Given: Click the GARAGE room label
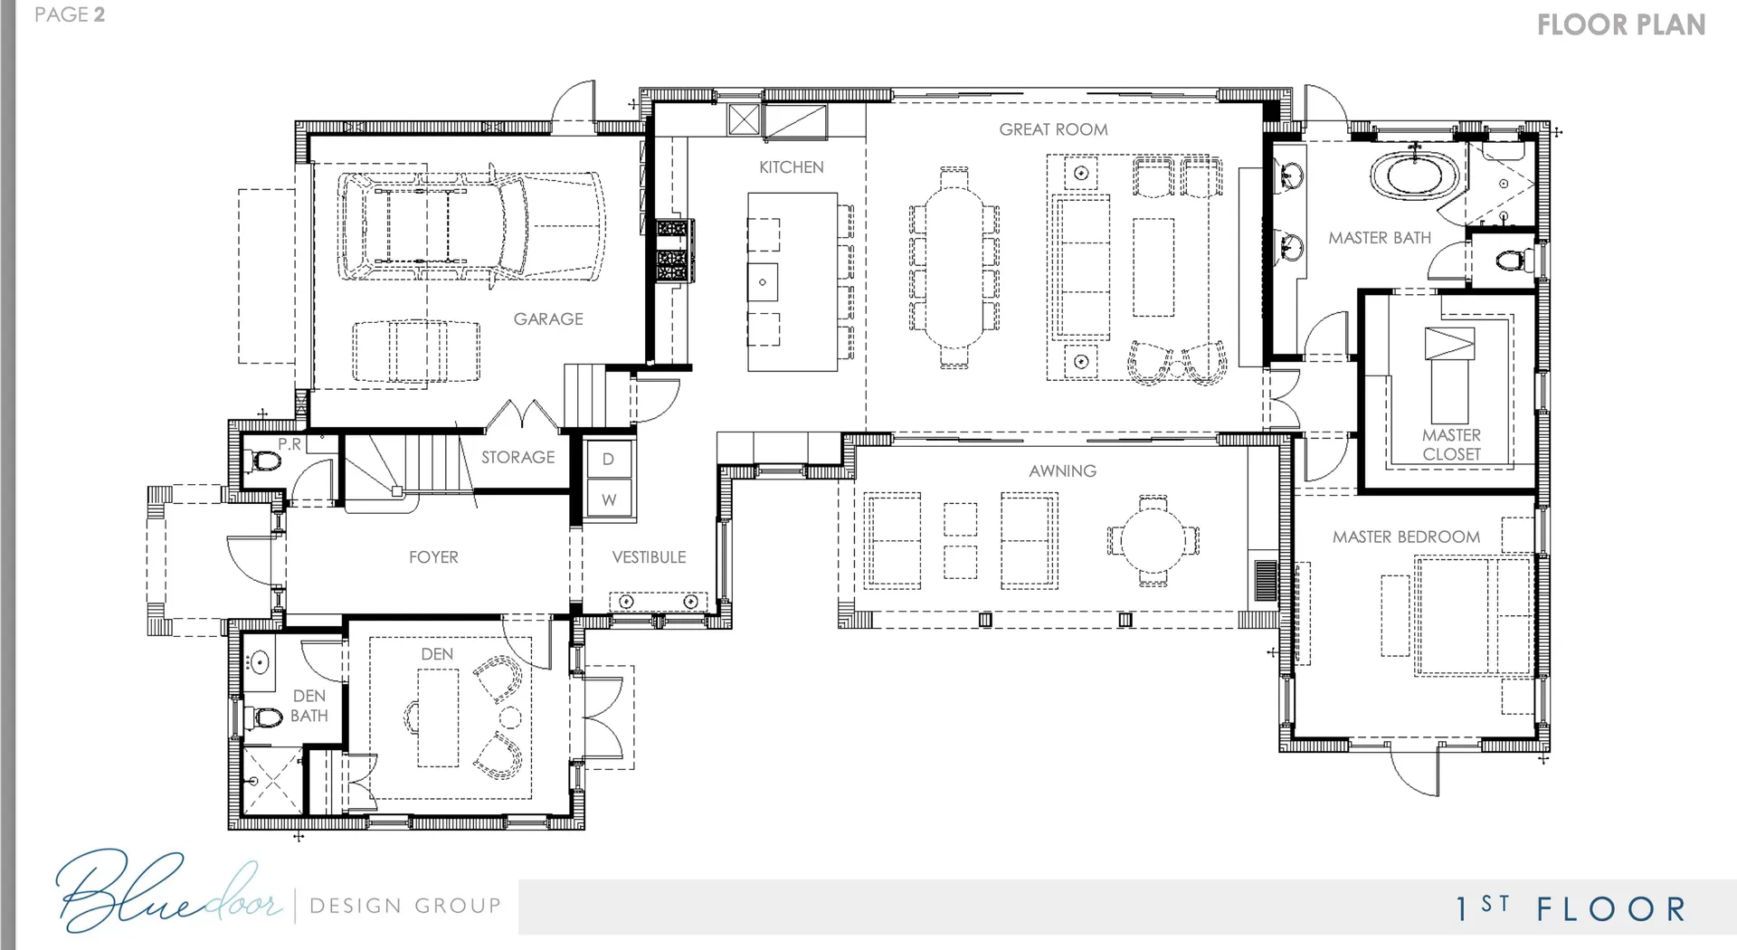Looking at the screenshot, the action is tap(548, 318).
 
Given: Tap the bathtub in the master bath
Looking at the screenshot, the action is tap(1415, 175).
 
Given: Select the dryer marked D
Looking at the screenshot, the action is tap(609, 459).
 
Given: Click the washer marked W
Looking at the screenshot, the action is tap(609, 499).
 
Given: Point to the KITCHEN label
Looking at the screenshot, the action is tap(792, 167).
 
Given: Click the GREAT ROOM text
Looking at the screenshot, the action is tap(1053, 129).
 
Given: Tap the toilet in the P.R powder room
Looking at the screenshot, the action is tap(265, 461).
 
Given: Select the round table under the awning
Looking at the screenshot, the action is tap(1153, 540).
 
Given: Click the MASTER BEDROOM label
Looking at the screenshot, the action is tap(1406, 537).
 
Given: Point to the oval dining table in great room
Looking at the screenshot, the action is tap(954, 266).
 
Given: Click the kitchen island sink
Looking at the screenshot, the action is tap(763, 282).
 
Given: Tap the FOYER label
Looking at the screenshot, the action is tap(433, 557).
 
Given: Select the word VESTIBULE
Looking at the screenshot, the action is tap(649, 557).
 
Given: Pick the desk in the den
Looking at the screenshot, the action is tap(438, 717).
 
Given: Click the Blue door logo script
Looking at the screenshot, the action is tap(167, 891).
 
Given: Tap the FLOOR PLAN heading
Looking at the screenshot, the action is tap(1621, 24).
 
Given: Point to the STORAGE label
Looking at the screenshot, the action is tap(517, 457).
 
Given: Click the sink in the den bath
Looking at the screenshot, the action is tap(260, 663).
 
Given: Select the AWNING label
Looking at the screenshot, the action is tap(1062, 470).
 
